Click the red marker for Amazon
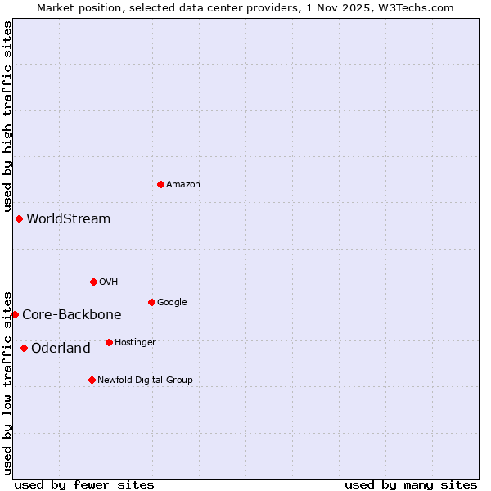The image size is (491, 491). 160,184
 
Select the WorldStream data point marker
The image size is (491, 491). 19,218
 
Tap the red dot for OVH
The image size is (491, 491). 93,282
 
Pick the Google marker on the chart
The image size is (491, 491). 151,302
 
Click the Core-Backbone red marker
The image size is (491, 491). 15,314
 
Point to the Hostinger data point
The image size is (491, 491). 109,342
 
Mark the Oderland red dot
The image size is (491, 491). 24,348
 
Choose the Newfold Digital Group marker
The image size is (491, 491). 92,380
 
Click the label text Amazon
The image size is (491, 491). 183,185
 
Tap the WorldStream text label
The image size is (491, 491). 69,219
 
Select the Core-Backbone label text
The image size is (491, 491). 72,315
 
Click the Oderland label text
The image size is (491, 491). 61,349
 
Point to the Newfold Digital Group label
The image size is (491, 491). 146,381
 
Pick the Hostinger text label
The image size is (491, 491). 136,343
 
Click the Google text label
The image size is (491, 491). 173,303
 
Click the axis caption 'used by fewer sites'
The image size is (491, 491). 84,485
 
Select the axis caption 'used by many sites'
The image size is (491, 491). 411,485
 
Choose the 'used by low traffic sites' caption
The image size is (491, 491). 7,383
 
